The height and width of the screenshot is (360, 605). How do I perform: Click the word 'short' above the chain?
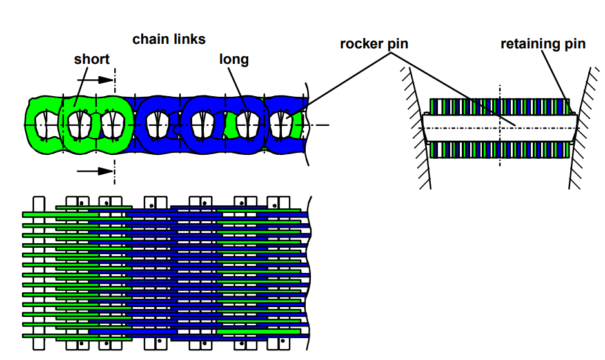(x=92, y=59)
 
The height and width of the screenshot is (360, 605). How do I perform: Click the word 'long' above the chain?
(x=234, y=59)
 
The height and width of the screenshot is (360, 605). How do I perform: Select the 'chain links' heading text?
(x=169, y=39)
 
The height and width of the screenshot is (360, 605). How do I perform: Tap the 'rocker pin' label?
(x=374, y=44)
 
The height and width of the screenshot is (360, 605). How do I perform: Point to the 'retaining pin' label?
(x=543, y=44)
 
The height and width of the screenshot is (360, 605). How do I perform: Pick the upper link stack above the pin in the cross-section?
(x=499, y=106)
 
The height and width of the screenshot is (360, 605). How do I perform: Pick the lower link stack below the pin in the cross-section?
(x=499, y=150)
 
